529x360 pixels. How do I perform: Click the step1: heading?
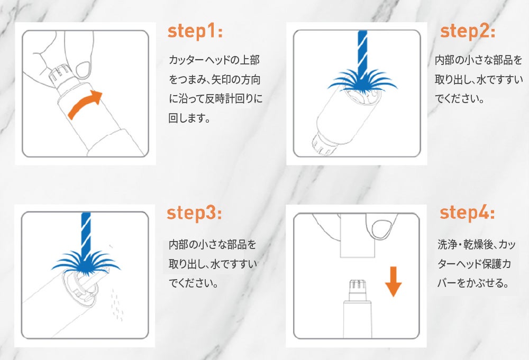[195, 32]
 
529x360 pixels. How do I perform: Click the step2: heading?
[468, 32]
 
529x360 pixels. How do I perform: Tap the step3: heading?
[194, 214]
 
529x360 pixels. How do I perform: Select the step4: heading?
[467, 213]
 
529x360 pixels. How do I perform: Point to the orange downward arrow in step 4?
[394, 281]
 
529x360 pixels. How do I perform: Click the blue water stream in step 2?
[362, 54]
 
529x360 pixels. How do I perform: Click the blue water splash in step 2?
[362, 82]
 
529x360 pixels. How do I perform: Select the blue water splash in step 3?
[86, 263]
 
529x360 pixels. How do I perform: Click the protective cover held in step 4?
[358, 235]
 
